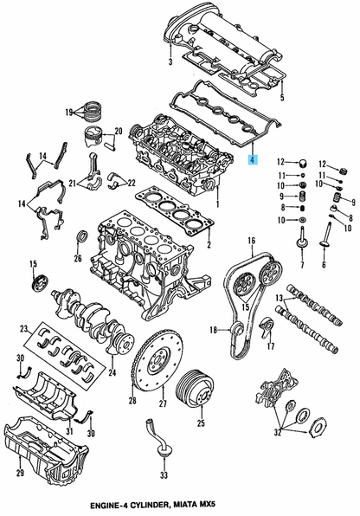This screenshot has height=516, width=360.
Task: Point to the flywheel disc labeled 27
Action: point(160,367)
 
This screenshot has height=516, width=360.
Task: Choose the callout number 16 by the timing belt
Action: point(251,240)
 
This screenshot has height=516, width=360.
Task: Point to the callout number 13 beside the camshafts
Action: point(280,300)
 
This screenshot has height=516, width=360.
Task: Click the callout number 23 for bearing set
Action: point(25,328)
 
